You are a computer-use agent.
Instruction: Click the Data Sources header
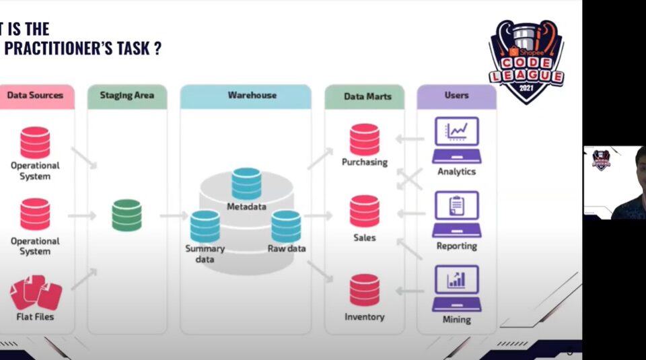[x=35, y=96]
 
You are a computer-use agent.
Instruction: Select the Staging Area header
[x=127, y=96]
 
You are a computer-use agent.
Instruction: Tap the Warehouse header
[x=246, y=96]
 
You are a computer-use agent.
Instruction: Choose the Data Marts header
[x=364, y=96]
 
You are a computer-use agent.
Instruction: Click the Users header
[x=456, y=96]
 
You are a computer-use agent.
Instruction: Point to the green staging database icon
[x=127, y=215]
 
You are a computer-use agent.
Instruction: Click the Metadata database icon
[x=246, y=184]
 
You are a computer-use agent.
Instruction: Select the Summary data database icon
[x=205, y=226]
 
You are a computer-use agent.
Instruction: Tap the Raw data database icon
[x=286, y=226]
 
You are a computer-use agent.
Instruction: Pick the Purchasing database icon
[x=364, y=140]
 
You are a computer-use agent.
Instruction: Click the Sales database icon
[x=364, y=211]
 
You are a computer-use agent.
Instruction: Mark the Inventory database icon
[x=364, y=290]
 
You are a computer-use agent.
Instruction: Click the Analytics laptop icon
[x=456, y=140]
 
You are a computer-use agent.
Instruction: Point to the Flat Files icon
[x=36, y=292]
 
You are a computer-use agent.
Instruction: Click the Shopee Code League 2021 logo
[x=526, y=61]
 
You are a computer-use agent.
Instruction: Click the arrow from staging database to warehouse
[x=173, y=215]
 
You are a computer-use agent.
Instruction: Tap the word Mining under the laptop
[x=456, y=320]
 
